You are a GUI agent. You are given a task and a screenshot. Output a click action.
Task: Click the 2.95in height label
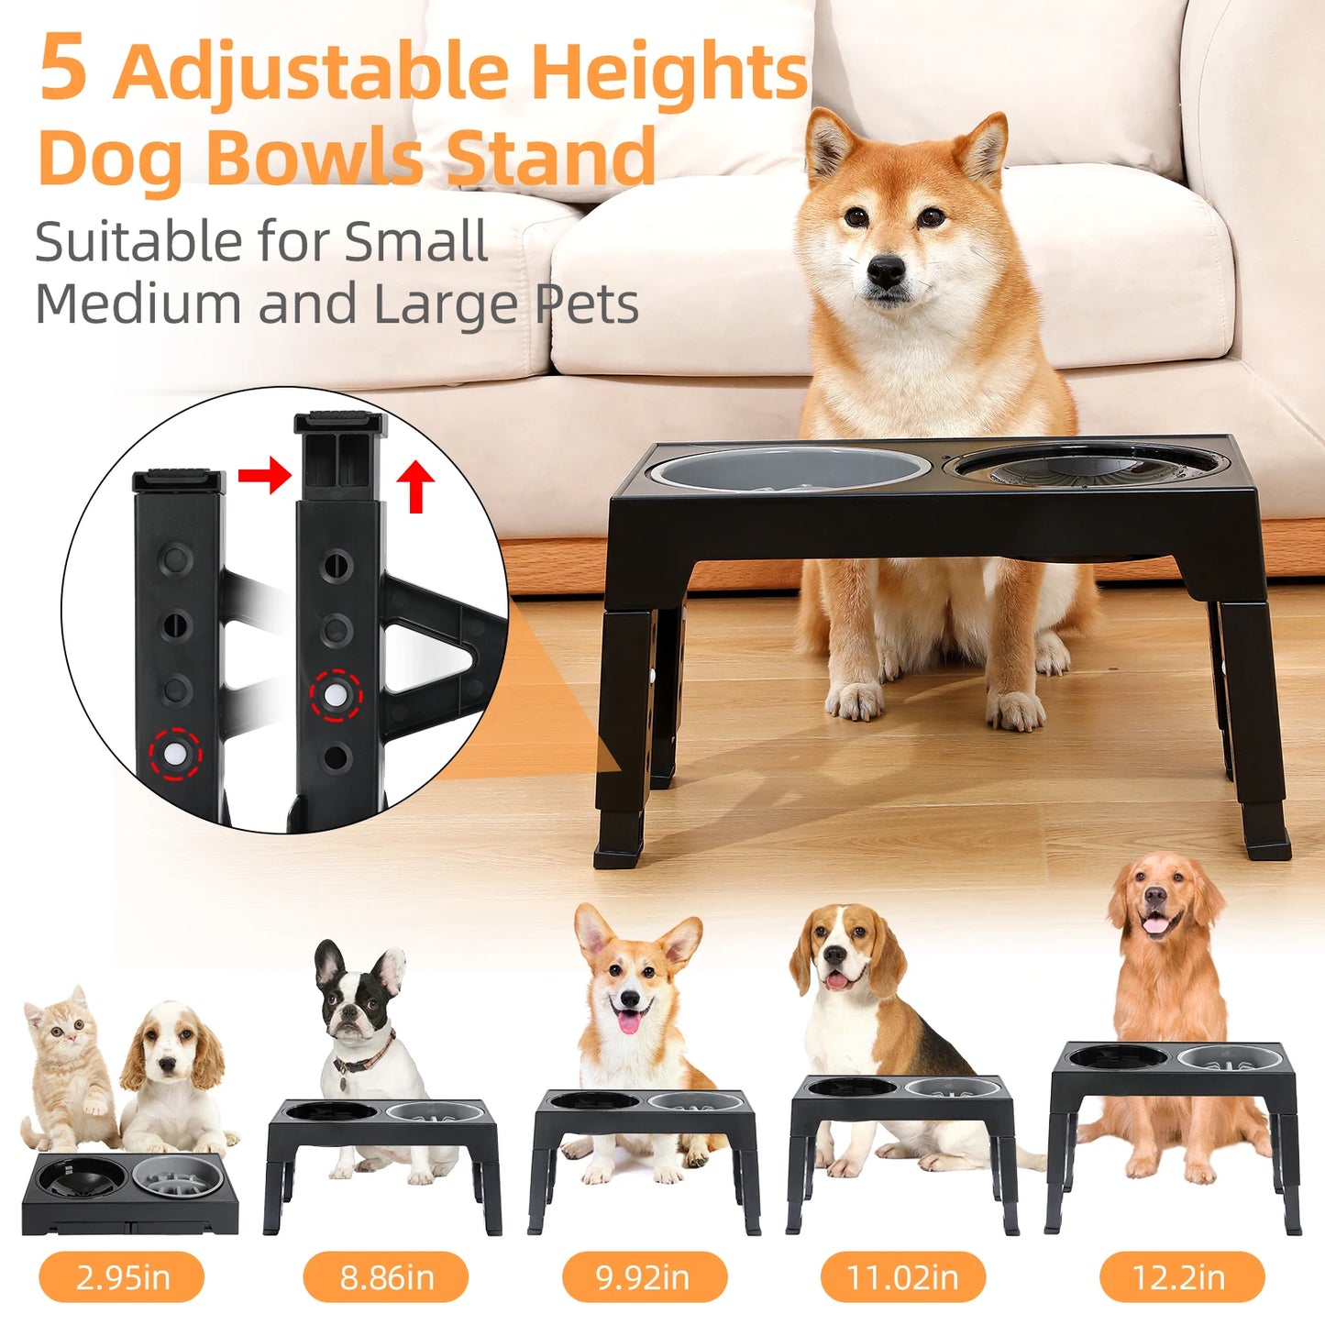[121, 1276]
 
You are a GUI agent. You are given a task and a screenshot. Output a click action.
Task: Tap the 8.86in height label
[386, 1276]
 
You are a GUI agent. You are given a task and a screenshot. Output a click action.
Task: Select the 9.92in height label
[644, 1276]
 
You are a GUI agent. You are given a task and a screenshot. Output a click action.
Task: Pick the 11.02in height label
[902, 1276]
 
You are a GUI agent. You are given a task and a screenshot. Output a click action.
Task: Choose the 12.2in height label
[1181, 1276]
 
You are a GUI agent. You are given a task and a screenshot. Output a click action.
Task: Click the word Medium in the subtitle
[138, 304]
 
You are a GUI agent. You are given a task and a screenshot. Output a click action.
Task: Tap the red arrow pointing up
[416, 486]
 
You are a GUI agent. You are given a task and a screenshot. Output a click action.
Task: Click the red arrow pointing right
[264, 475]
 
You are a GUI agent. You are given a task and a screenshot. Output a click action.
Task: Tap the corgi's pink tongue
[629, 1021]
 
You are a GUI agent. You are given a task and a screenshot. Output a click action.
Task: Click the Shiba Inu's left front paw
[855, 701]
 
